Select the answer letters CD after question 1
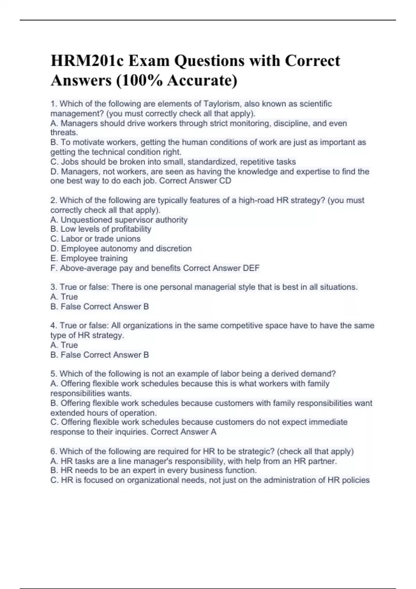coord(225,181)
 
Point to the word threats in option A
coord(64,133)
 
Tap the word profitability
coord(130,229)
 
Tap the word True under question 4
coord(69,345)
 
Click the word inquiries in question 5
coord(132,432)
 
